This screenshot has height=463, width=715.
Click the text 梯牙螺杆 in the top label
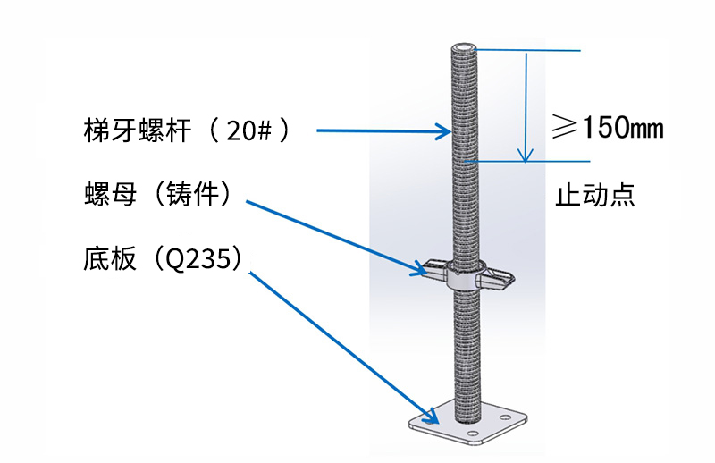coord(133,131)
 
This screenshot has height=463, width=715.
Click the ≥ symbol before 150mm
coord(564,128)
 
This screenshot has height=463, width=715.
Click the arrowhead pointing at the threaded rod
coord(443,133)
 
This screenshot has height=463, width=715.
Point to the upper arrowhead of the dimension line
coord(526,58)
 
